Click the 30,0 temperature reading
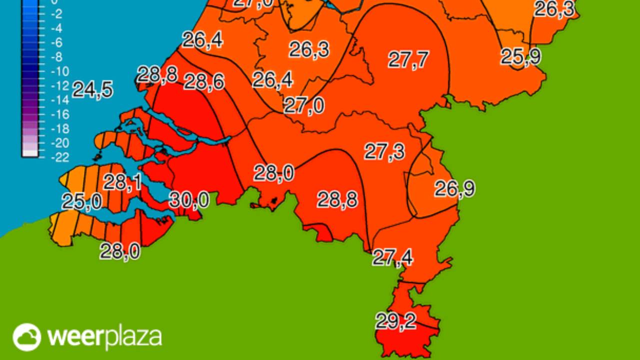pos(189,200)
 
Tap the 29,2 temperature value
pos(395,321)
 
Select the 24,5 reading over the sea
pos(92,90)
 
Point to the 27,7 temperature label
pos(408,60)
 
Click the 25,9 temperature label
pos(520,57)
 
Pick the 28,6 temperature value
pos(204,81)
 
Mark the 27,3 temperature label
pos(384,151)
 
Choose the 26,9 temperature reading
pos(454,189)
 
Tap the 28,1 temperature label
pos(122,182)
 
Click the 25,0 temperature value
pos(81,202)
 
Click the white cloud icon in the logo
pos(26,337)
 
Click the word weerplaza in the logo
pos(104,337)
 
